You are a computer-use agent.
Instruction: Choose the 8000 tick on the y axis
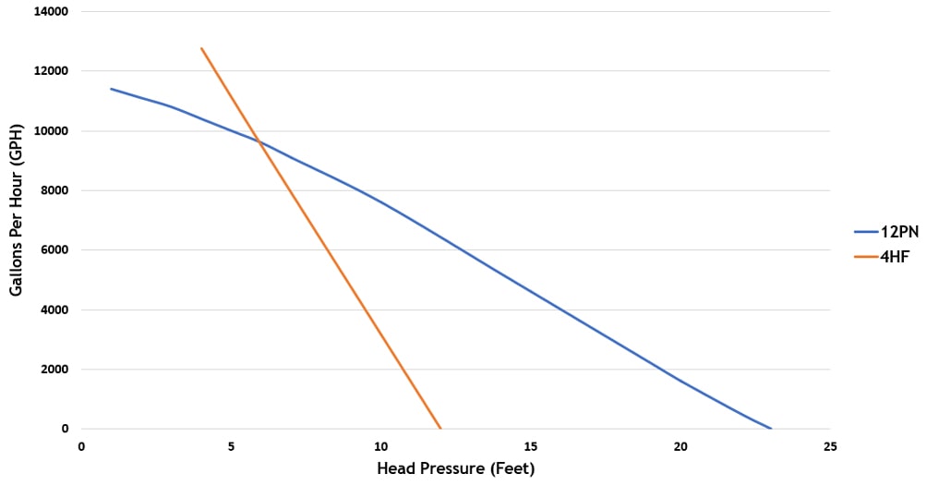[x=54, y=190]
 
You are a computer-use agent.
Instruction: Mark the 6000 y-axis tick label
[x=54, y=249]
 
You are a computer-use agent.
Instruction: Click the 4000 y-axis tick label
[x=54, y=310]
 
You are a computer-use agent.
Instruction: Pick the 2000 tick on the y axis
[x=54, y=370]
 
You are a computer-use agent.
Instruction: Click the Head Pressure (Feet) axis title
[x=455, y=468]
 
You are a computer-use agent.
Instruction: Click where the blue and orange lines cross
[x=259, y=142]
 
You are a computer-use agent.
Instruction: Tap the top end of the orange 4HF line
[x=201, y=48]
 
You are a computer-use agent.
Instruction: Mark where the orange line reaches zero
[x=440, y=429]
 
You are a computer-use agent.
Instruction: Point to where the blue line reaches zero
[x=770, y=429]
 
